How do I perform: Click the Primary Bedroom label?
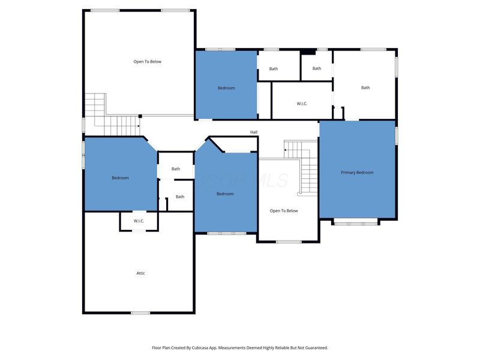coord(357,173)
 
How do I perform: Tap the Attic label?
coord(140,273)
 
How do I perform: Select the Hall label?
coord(254,132)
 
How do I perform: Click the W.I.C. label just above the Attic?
coord(139,221)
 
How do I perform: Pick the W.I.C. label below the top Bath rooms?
coord(302,104)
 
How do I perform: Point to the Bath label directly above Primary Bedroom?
coord(365,88)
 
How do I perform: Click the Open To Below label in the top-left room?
coord(147,61)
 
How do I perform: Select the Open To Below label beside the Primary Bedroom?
coord(284,211)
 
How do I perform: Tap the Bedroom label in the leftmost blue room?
coord(120,178)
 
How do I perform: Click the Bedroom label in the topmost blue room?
coord(226,88)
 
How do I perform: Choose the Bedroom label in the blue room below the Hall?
coord(225,194)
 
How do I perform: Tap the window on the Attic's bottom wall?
coord(140,313)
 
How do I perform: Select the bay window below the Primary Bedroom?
coord(356,223)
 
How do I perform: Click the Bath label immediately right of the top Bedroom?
coord(274,69)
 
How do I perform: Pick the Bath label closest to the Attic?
coord(180,197)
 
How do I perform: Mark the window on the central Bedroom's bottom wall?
coord(226,233)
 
